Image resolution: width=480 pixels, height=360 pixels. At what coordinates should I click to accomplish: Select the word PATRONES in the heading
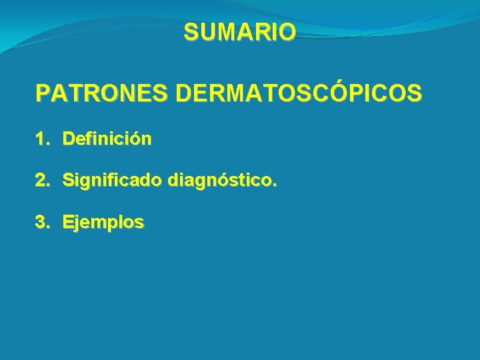(x=103, y=94)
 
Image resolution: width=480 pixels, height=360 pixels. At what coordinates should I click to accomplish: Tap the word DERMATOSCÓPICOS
(x=298, y=94)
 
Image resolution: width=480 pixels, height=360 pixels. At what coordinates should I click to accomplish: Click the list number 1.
(x=41, y=139)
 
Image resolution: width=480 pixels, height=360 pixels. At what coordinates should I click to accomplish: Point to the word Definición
(x=107, y=139)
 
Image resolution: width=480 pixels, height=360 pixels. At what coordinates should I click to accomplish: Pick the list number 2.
(x=42, y=181)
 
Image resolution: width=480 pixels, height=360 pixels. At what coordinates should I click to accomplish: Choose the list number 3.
(x=42, y=223)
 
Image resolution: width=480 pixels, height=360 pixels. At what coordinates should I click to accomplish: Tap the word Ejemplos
(x=103, y=223)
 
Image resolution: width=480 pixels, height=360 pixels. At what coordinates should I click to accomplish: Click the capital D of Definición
(x=69, y=139)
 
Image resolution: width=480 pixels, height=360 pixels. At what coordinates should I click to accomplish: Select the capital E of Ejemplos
(x=68, y=223)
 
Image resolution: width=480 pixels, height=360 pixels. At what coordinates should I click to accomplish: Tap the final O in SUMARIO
(x=287, y=32)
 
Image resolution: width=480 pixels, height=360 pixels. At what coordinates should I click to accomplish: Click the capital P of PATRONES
(x=43, y=94)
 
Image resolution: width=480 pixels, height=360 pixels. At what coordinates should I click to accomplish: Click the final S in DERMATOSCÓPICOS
(x=414, y=94)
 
